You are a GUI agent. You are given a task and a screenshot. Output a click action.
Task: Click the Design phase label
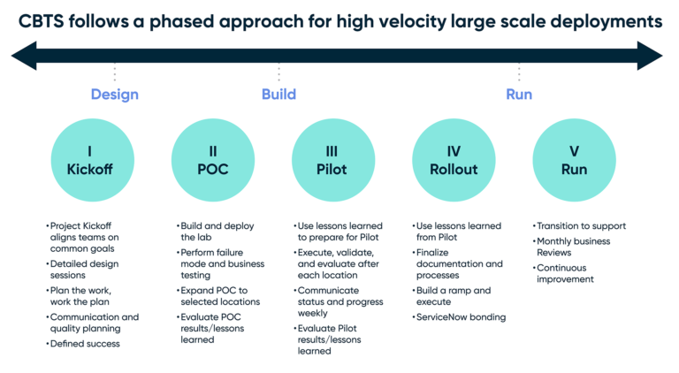pyautogui.click(x=114, y=95)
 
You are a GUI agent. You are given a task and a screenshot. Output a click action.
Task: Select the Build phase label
pyautogui.click(x=278, y=95)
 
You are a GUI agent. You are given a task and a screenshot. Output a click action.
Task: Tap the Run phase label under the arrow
pyautogui.click(x=518, y=95)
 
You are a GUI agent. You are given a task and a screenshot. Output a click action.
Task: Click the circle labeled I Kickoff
pyautogui.click(x=89, y=160)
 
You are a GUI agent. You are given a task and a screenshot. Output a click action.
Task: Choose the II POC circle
pyautogui.click(x=212, y=160)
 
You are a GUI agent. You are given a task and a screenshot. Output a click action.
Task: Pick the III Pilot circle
pyautogui.click(x=332, y=160)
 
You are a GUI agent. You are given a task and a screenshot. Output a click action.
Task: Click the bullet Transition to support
pyautogui.click(x=583, y=226)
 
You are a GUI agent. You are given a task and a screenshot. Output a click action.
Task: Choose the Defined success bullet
pyautogui.click(x=86, y=343)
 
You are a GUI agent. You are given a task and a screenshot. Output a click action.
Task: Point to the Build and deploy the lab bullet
pyautogui.click(x=217, y=232)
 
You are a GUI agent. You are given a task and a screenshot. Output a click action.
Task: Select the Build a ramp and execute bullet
pyautogui.click(x=454, y=296)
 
